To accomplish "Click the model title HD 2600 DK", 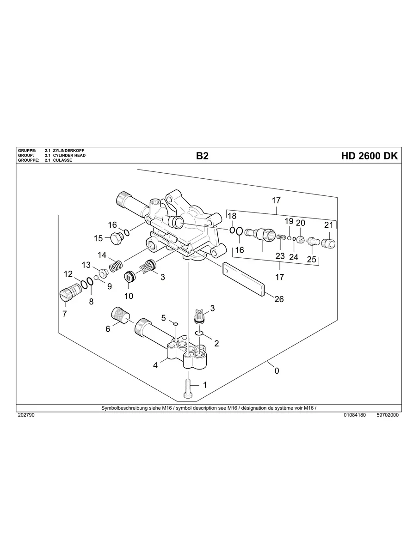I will (369, 156).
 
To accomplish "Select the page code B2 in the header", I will (202, 156).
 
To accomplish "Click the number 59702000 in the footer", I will (388, 415).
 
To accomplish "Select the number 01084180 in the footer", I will (355, 415).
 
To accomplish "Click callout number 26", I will (279, 299).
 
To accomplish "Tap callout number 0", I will (277, 370).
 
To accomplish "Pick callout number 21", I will (328, 225).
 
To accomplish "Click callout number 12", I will (68, 274).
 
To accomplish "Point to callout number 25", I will (311, 260).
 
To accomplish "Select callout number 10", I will (129, 296).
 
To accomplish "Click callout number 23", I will (280, 256).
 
